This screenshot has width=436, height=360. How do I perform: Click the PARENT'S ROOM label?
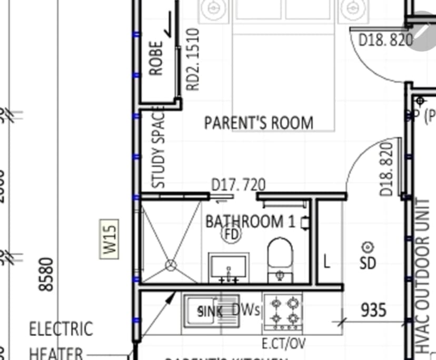[x=259, y=123]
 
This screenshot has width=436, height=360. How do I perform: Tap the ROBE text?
[x=157, y=58]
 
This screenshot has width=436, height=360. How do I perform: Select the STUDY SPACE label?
[x=158, y=147]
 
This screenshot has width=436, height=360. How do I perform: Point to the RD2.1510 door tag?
[x=193, y=59]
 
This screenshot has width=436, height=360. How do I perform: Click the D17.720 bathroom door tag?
[x=238, y=185]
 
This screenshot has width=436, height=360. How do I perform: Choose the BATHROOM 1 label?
[x=250, y=222]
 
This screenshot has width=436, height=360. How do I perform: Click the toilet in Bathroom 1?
[x=280, y=258]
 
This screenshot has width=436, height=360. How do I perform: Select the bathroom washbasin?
[x=229, y=267]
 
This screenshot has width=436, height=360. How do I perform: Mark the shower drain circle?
[x=170, y=266]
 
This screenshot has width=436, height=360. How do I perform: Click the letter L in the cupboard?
[x=326, y=262]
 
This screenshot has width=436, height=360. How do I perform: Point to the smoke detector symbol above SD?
[x=368, y=247]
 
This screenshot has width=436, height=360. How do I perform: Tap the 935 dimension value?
[x=373, y=311]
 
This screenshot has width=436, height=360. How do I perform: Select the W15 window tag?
[x=110, y=238]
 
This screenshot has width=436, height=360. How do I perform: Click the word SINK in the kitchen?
[x=210, y=312]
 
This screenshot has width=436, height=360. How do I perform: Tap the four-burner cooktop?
[x=283, y=311]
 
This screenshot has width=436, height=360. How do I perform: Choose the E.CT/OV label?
[x=283, y=344]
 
